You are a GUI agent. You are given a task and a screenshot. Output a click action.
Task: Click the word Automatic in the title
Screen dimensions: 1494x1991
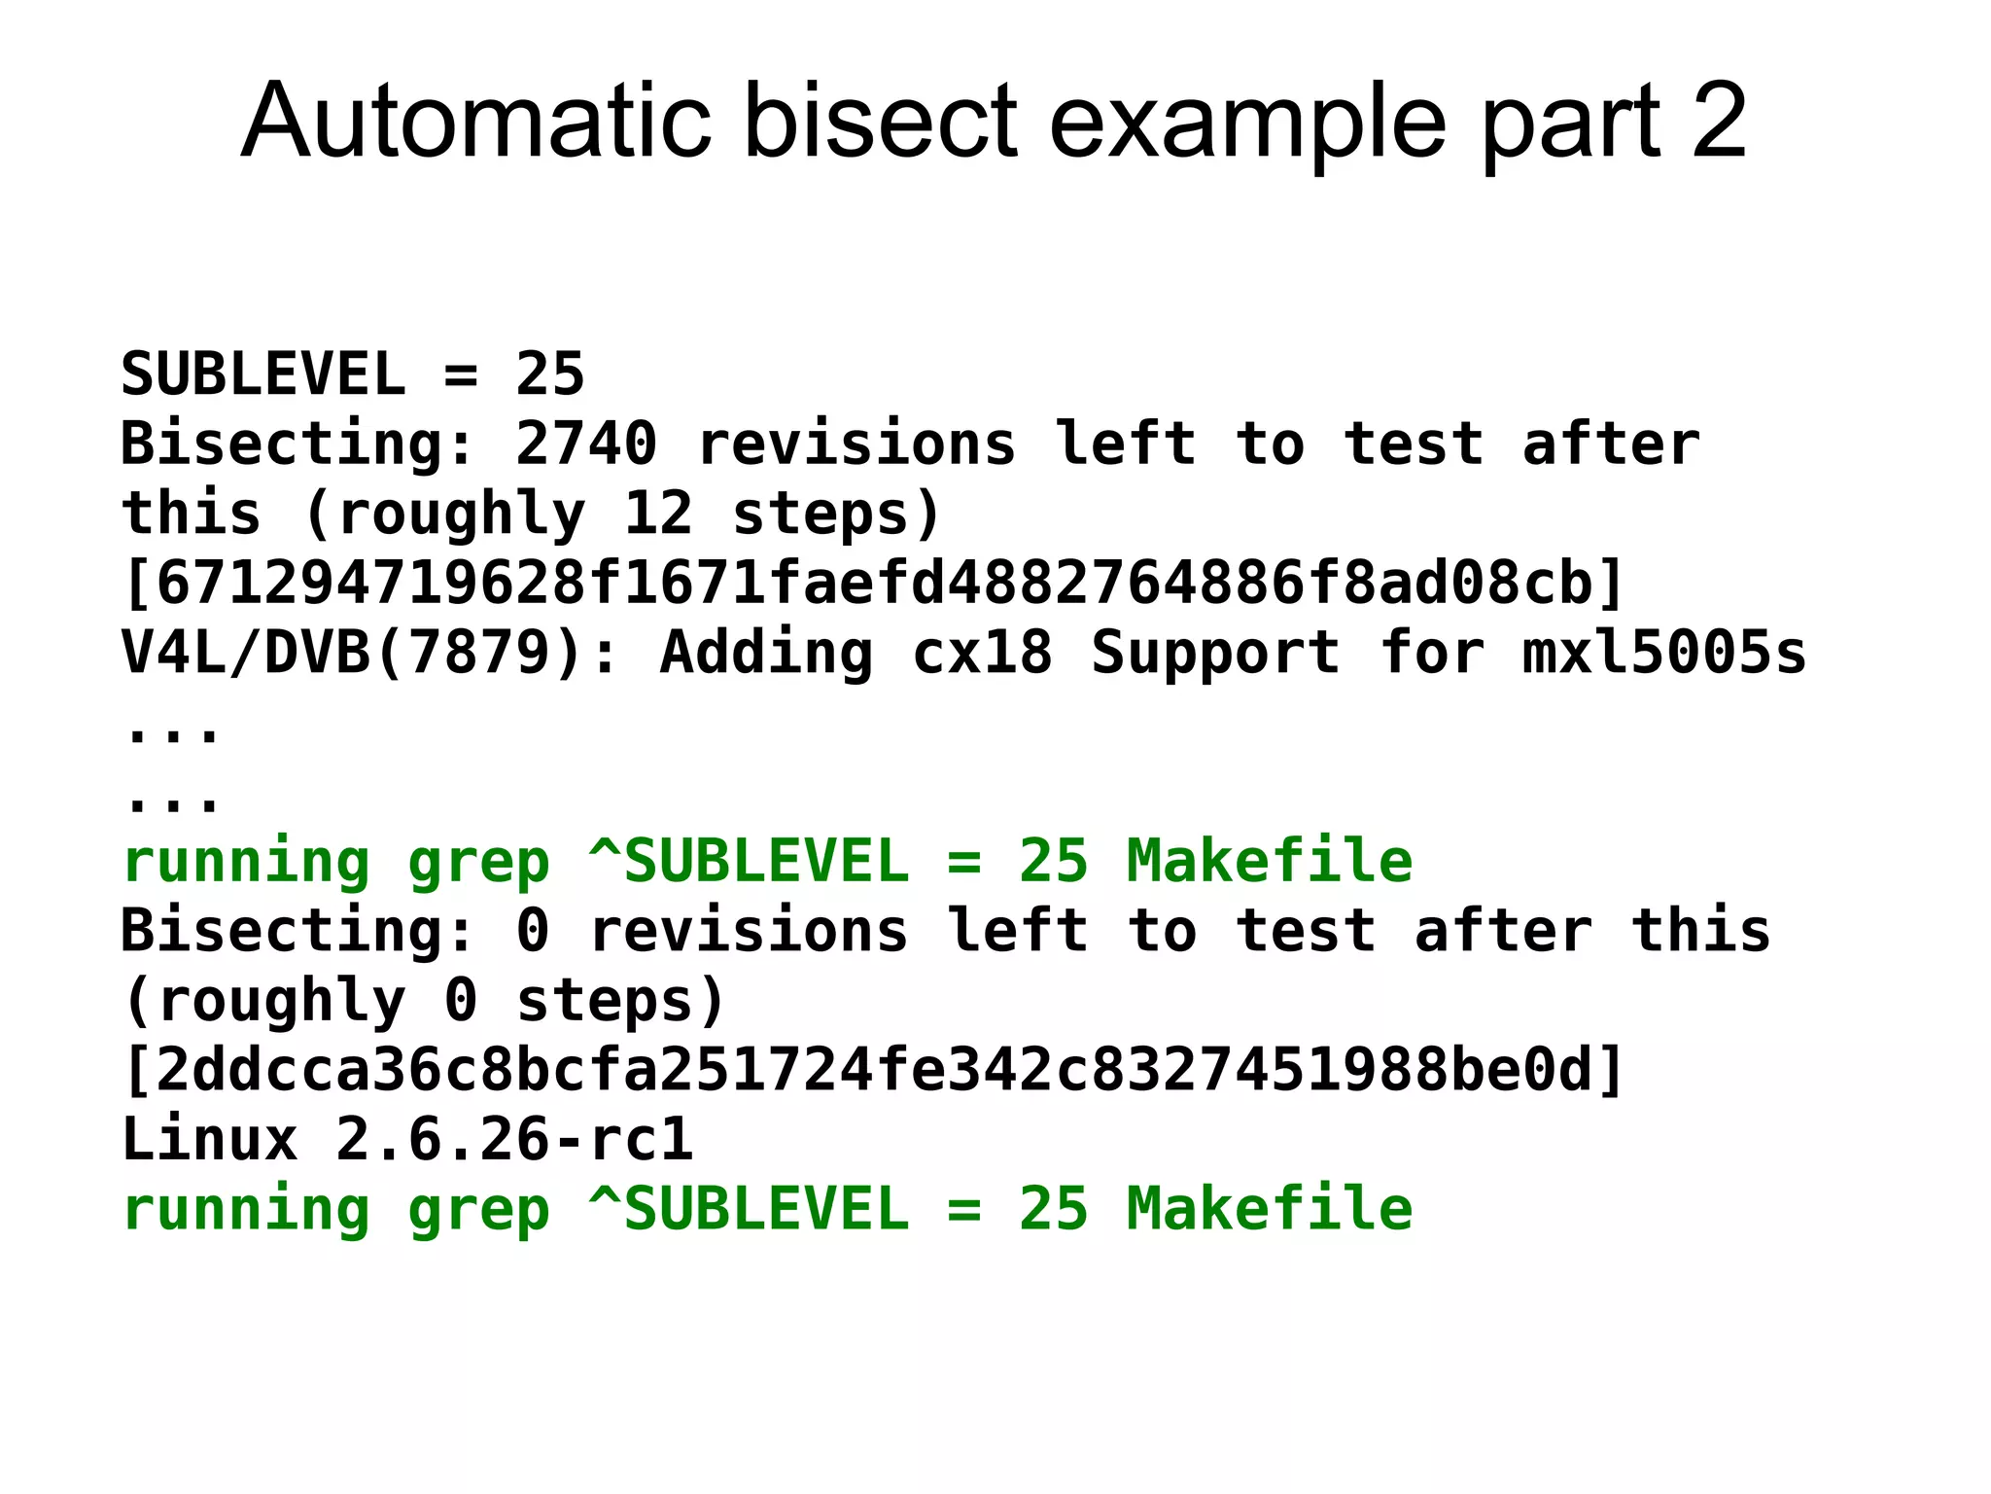coord(475,121)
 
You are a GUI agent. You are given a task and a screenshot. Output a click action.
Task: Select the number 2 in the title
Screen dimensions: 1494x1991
coord(1719,121)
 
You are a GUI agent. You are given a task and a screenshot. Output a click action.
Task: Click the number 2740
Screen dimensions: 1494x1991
coord(586,444)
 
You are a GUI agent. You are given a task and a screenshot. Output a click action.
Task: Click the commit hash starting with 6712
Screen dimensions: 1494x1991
coord(873,583)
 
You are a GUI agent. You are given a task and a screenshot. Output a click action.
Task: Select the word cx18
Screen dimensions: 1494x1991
coord(982,652)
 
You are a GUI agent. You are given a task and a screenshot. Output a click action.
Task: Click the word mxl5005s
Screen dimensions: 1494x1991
coord(1663,652)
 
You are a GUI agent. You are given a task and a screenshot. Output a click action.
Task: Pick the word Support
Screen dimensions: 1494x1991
coord(1215,652)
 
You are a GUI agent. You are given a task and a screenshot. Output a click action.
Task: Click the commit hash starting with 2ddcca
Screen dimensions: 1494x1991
coord(873,1069)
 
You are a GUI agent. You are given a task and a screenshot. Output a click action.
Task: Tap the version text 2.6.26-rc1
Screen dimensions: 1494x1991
coord(514,1139)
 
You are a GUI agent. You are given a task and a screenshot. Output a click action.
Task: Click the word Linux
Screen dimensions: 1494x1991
coord(209,1139)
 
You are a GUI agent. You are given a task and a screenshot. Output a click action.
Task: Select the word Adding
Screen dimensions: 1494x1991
coord(766,652)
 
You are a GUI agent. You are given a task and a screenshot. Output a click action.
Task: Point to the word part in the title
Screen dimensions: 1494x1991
coord(1570,121)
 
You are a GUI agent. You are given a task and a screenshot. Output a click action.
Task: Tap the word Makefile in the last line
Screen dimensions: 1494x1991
coord(1270,1209)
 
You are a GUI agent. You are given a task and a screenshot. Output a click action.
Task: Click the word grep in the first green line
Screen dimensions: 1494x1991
coord(478,862)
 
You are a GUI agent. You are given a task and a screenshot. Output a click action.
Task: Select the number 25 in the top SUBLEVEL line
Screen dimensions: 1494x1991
coord(550,373)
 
